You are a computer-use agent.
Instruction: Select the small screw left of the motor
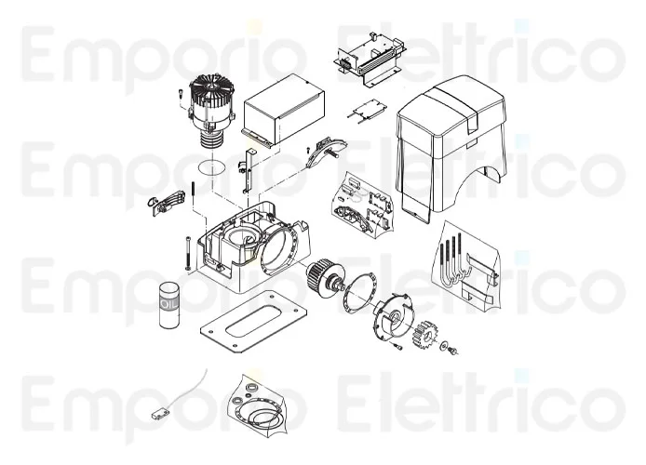pos(177,94)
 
